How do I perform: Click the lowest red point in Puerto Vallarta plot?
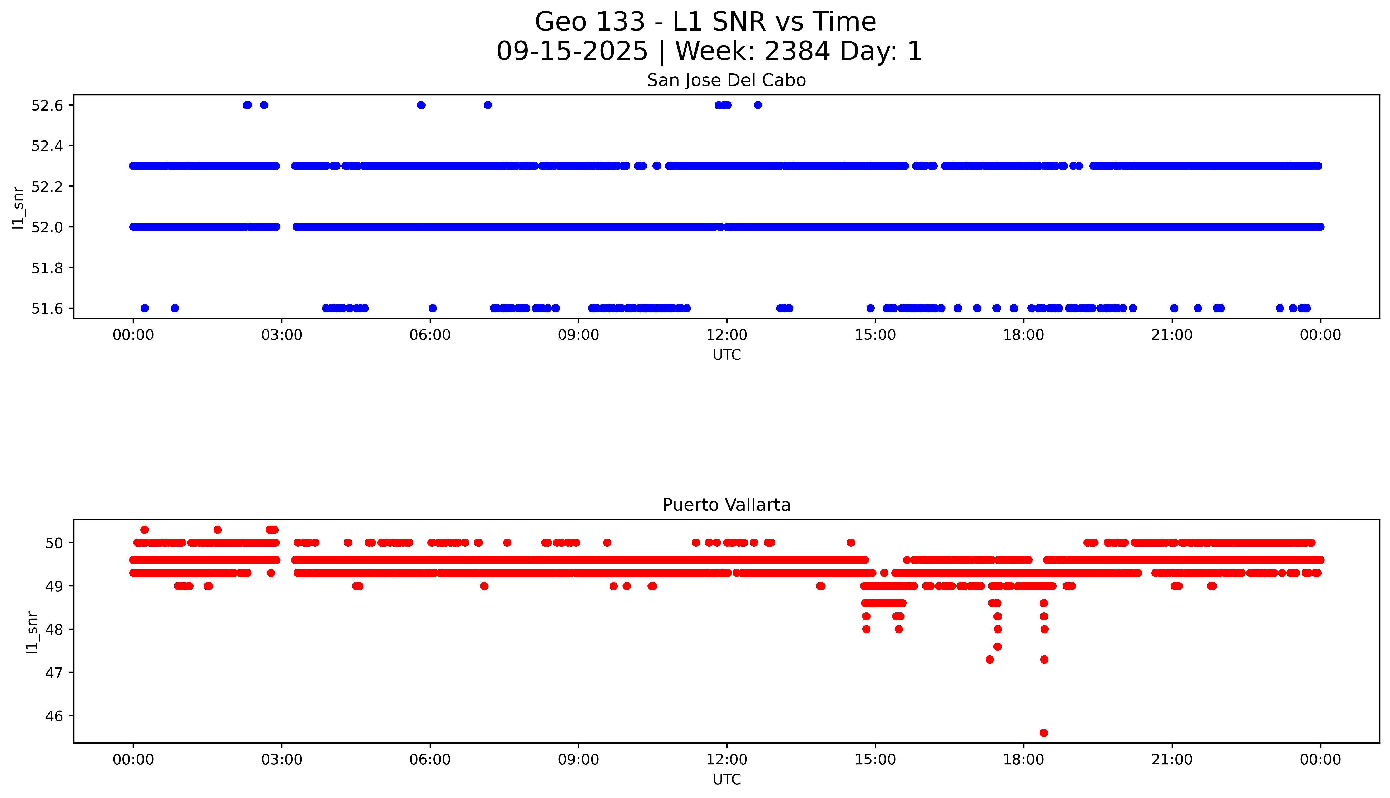[1043, 733]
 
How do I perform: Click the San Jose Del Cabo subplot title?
[726, 81]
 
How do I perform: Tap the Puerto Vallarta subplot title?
[726, 505]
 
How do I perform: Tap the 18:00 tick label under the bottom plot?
[1023, 760]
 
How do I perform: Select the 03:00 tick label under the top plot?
[282, 335]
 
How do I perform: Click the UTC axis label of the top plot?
[726, 355]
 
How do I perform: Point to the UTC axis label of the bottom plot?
[726, 779]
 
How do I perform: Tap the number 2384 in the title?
[797, 52]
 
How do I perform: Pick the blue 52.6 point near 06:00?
[421, 105]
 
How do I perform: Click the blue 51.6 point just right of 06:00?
[433, 308]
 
